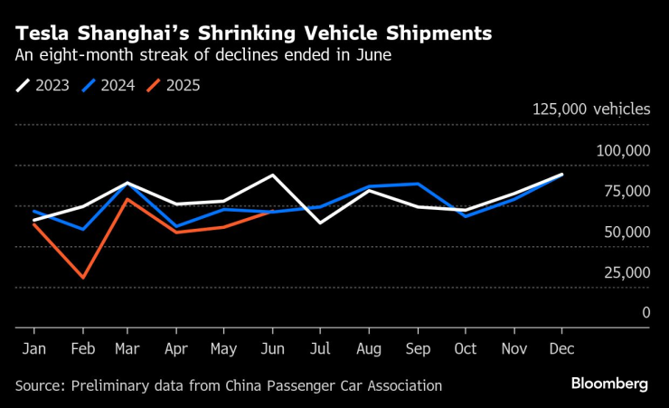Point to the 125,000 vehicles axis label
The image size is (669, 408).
coord(590,109)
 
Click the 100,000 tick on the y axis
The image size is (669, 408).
coord(623,149)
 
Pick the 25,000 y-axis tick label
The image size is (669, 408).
coord(626,271)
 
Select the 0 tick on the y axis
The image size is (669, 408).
coord(645,312)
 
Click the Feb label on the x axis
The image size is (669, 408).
coord(83,347)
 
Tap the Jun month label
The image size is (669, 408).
coord(274,347)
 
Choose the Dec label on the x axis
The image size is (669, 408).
coord(561,347)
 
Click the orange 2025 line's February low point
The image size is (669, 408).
coord(83,278)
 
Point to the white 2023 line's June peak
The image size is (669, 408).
coord(274,175)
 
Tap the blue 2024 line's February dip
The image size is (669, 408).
coord(83,230)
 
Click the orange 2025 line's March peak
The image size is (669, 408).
coord(130,199)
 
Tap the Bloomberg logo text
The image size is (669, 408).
coord(609,384)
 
